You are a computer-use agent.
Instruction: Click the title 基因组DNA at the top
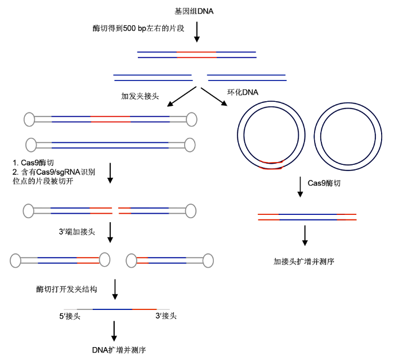click(194, 11)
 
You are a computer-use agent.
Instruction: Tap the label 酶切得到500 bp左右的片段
click(138, 28)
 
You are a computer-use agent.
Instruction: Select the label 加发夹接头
click(140, 96)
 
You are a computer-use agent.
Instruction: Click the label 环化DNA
click(243, 92)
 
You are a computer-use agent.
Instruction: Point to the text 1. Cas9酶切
click(33, 163)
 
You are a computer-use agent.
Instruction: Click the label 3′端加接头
click(77, 231)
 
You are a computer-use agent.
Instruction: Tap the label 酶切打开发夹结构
click(66, 289)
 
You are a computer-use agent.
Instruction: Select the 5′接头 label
click(70, 316)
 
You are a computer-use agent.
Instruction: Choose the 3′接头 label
click(166, 316)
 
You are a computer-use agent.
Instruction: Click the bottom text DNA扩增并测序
click(119, 350)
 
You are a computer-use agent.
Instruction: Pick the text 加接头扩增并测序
click(304, 262)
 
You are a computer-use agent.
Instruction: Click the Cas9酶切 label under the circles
click(324, 183)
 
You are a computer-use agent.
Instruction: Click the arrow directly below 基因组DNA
click(197, 32)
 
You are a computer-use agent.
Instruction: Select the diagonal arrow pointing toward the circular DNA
click(214, 97)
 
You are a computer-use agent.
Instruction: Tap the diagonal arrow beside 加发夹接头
click(182, 97)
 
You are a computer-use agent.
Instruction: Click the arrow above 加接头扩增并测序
click(305, 236)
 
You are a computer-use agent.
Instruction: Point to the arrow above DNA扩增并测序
click(114, 331)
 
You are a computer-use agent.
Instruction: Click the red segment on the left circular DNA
click(272, 165)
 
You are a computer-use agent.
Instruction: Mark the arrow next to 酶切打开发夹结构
click(115, 290)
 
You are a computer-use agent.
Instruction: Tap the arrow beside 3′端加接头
click(110, 232)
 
